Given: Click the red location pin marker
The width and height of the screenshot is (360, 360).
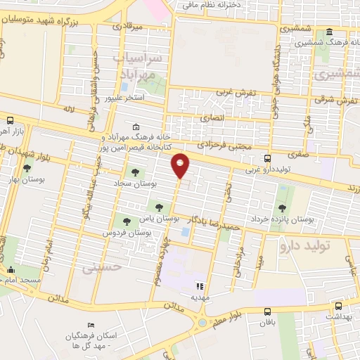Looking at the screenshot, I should (x=181, y=165).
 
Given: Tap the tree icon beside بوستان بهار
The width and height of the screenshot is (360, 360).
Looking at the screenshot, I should (x=27, y=168).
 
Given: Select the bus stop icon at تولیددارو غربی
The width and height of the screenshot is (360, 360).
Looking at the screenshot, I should (x=267, y=158).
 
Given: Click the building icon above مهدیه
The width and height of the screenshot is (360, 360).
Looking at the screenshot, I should (x=200, y=287).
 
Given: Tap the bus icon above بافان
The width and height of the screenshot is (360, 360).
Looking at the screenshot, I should (x=267, y=311).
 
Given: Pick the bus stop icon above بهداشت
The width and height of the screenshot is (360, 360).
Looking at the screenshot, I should (x=338, y=307).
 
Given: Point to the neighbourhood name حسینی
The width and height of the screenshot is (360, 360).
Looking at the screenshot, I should (x=103, y=267).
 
